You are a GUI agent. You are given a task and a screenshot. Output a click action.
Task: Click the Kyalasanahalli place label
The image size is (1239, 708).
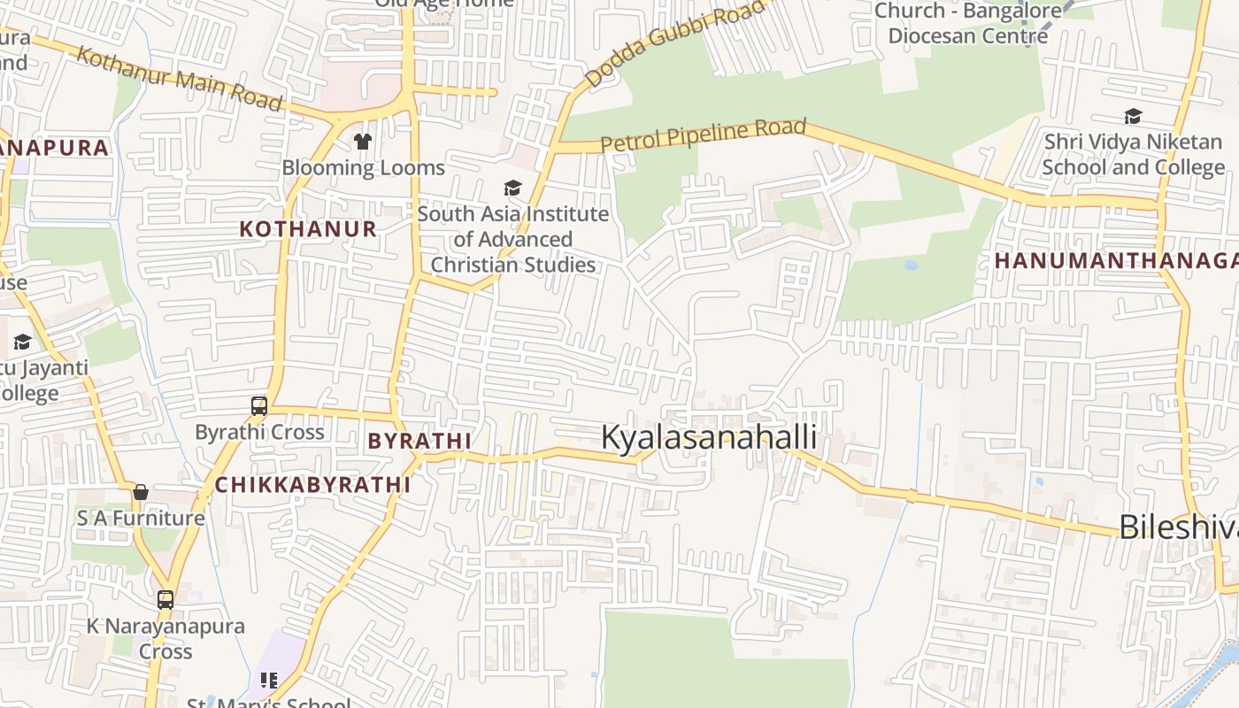pyautogui.click(x=709, y=437)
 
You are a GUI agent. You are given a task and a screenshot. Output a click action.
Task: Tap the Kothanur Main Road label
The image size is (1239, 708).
pyautogui.click(x=180, y=79)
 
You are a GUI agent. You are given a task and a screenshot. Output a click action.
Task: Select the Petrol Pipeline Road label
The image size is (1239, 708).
pyautogui.click(x=704, y=135)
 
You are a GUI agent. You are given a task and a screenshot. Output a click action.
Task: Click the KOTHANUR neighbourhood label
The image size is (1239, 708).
pyautogui.click(x=308, y=229)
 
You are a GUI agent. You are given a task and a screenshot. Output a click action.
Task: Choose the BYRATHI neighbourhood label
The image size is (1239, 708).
pyautogui.click(x=419, y=441)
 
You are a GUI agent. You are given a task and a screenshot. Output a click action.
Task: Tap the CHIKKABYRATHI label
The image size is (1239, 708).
pyautogui.click(x=313, y=485)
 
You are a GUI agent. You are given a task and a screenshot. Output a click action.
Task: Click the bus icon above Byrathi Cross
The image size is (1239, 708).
pyautogui.click(x=259, y=406)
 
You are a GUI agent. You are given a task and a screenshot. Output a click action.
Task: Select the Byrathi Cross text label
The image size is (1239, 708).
pyautogui.click(x=259, y=433)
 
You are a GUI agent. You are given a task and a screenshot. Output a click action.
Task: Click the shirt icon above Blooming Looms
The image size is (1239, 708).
pyautogui.click(x=363, y=141)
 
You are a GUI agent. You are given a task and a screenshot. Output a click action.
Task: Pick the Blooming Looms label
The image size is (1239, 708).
pyautogui.click(x=363, y=167)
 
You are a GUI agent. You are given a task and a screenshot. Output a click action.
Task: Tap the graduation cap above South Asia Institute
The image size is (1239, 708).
pyautogui.click(x=512, y=188)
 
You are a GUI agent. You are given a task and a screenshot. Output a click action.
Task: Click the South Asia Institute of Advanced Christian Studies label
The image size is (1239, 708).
pyautogui.click(x=513, y=239)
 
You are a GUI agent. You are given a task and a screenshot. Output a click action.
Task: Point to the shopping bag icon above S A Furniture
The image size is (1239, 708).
pyautogui.click(x=141, y=492)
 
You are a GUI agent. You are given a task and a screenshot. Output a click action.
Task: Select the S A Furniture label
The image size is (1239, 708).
pyautogui.click(x=141, y=518)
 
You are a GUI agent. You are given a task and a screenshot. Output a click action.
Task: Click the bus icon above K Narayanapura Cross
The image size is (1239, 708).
pyautogui.click(x=165, y=599)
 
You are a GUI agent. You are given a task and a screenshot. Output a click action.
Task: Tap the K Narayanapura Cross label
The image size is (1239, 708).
pyautogui.click(x=165, y=638)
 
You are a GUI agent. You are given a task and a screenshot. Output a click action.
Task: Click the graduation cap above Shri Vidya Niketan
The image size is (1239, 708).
pyautogui.click(x=1133, y=116)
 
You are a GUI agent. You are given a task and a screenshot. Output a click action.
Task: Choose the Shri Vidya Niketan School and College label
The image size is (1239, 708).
pyautogui.click(x=1133, y=154)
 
